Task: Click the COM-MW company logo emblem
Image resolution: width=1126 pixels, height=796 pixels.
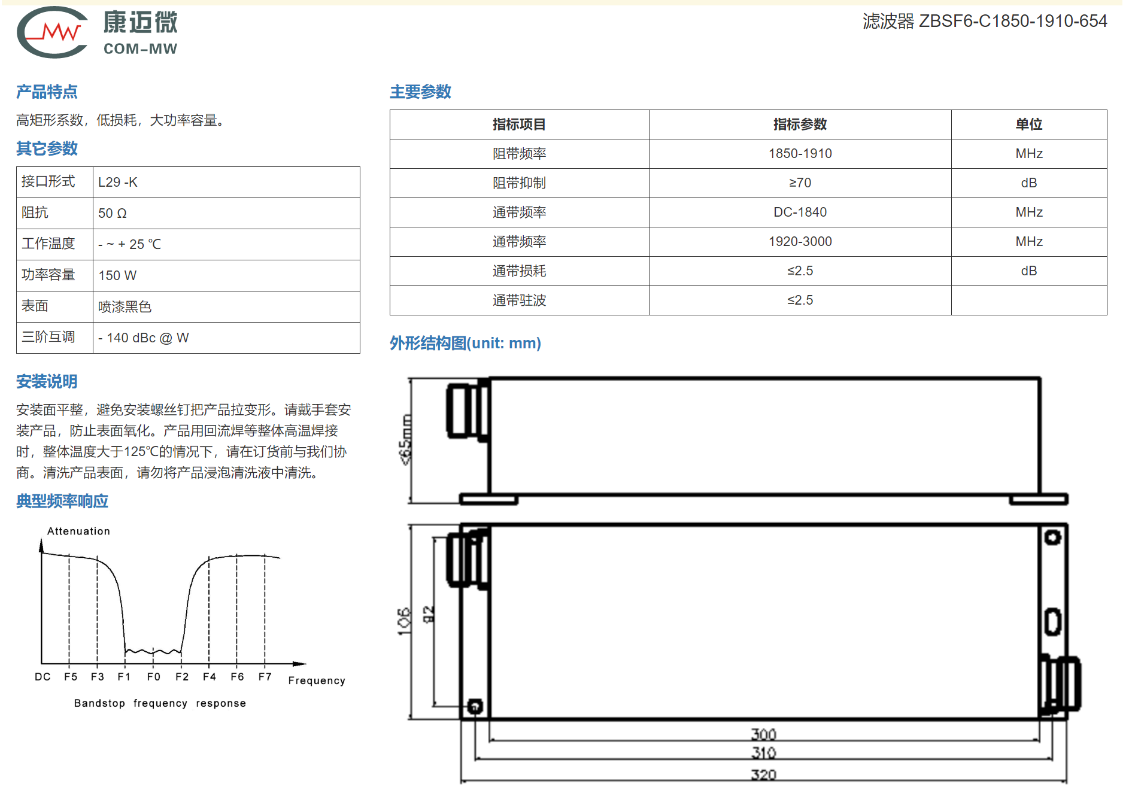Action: [x=53, y=32]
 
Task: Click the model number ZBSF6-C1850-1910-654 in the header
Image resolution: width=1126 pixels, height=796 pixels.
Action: [x=1013, y=21]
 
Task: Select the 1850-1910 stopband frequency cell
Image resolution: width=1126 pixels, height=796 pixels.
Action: [x=800, y=154]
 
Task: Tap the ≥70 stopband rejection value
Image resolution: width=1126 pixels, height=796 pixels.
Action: [x=800, y=183]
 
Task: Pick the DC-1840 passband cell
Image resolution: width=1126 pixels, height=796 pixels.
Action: [x=800, y=212]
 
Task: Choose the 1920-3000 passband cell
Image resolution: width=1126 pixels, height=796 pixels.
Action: [x=800, y=242]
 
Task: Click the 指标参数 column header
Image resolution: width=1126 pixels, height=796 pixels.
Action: [x=800, y=124]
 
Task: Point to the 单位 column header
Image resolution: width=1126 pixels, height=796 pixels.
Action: [x=1028, y=124]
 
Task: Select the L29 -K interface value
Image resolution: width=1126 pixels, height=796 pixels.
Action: [x=118, y=183]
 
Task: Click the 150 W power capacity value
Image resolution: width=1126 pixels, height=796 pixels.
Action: [x=117, y=276]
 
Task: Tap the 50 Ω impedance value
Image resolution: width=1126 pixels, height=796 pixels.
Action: [x=113, y=214]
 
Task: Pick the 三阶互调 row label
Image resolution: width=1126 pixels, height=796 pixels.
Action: [x=48, y=338]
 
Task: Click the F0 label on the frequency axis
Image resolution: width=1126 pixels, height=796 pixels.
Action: [x=154, y=677]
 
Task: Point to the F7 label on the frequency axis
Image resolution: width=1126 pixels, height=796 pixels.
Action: [x=265, y=677]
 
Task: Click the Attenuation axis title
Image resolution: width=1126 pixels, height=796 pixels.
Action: [x=78, y=531]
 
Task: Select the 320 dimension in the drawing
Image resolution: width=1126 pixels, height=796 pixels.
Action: [x=763, y=775]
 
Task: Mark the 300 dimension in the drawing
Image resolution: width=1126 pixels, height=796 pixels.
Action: [x=763, y=734]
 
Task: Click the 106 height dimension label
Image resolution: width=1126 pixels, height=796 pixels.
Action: [x=405, y=621]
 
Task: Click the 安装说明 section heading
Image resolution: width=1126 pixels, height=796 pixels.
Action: [x=47, y=382]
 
